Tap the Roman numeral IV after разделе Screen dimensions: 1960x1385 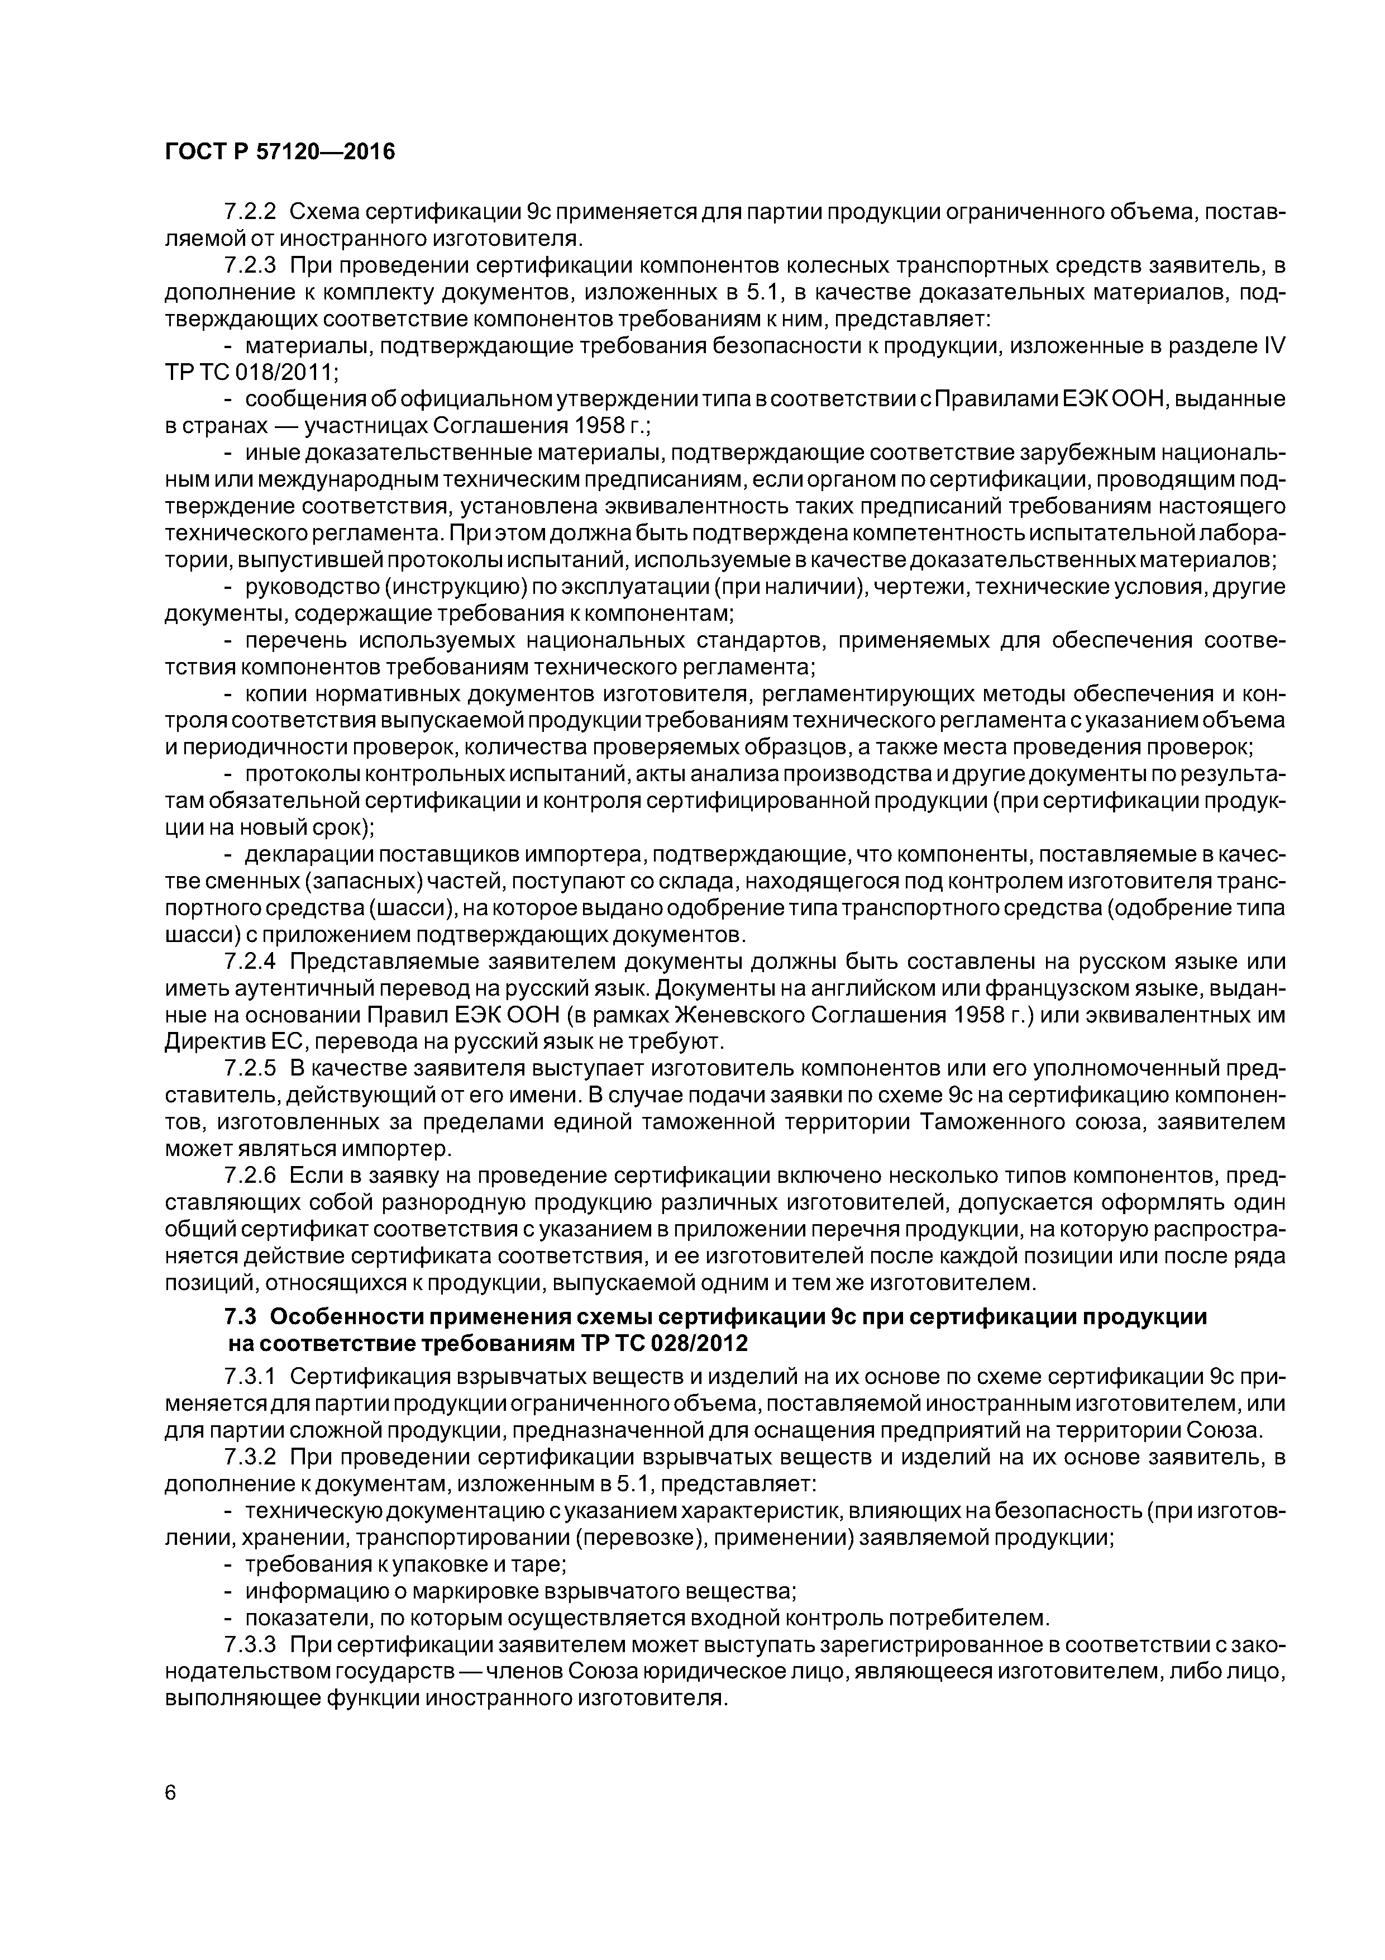(x=1272, y=346)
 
